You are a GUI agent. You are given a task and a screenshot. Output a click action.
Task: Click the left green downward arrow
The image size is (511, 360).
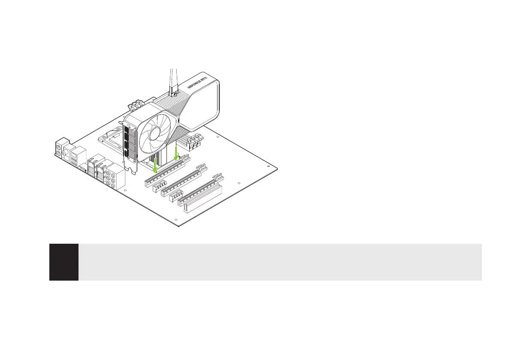155,165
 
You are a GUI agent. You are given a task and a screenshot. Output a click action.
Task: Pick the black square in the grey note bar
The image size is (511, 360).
64,262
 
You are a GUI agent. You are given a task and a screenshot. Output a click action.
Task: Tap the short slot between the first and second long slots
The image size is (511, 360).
159,187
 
